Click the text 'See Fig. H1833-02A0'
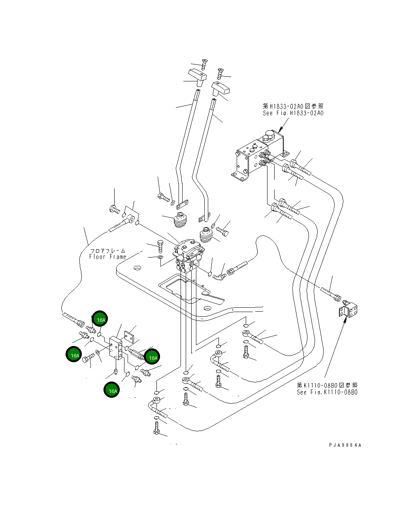coord(293,113)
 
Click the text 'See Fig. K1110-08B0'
coord(327,392)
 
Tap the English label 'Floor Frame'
coord(108,257)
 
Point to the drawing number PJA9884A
coord(345,445)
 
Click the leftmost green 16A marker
coord(74,355)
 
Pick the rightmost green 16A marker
coord(152,357)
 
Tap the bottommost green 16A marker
coord(113,390)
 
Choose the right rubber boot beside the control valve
coord(206,236)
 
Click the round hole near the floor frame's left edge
coord(137,269)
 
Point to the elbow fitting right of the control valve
coord(220,275)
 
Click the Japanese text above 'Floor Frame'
coord(108,250)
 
